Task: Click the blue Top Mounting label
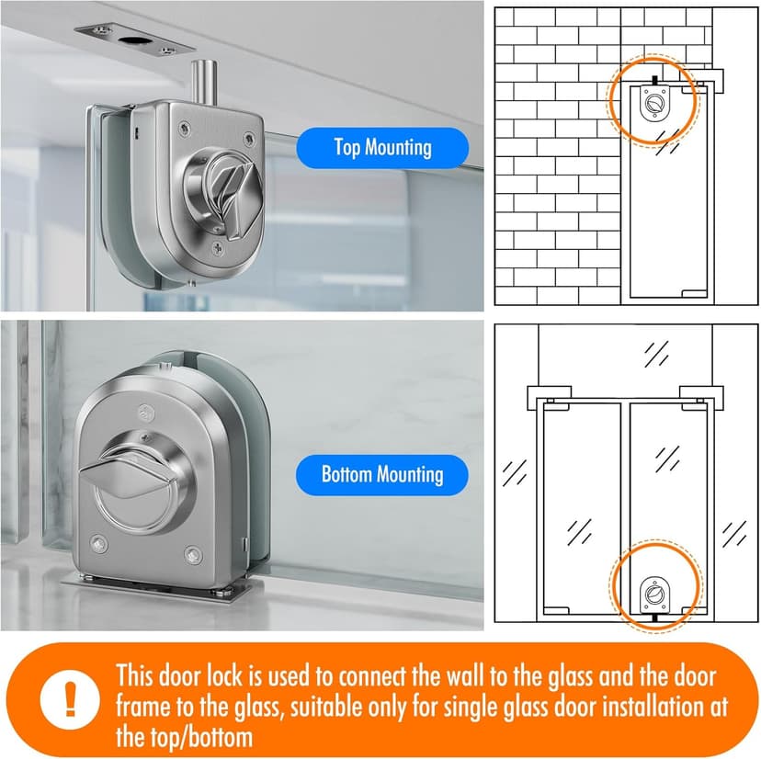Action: [x=382, y=148]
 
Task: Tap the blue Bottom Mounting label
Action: [x=382, y=475]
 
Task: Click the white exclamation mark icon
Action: [x=71, y=699]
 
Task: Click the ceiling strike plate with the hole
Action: [x=135, y=39]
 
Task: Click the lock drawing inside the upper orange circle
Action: [x=653, y=103]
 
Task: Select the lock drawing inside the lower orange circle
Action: [x=654, y=595]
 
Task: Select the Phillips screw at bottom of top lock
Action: [x=218, y=249]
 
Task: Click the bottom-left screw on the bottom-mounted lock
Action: [x=99, y=545]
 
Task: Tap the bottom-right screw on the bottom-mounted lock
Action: [x=194, y=554]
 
